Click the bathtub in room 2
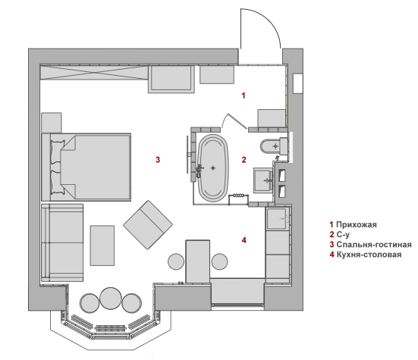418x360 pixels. click(x=212, y=168)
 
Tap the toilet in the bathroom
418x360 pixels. click(x=274, y=146)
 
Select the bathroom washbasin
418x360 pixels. click(x=263, y=180)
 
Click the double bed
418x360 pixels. click(x=86, y=167)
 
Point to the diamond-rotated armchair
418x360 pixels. click(x=148, y=225)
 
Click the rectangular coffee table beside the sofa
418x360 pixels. click(x=102, y=246)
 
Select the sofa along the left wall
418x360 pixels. click(x=62, y=243)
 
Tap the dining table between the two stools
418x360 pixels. click(x=198, y=261)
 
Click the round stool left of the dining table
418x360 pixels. click(x=176, y=261)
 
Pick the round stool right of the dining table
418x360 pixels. click(x=219, y=261)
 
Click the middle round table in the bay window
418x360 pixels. click(x=111, y=298)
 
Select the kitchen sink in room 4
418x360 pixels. click(x=278, y=218)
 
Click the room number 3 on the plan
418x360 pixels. click(x=158, y=160)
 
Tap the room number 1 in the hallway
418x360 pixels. click(x=243, y=95)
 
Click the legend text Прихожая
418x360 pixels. click(x=357, y=225)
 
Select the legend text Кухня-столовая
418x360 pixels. click(x=369, y=255)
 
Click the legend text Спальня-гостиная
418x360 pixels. click(x=374, y=245)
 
